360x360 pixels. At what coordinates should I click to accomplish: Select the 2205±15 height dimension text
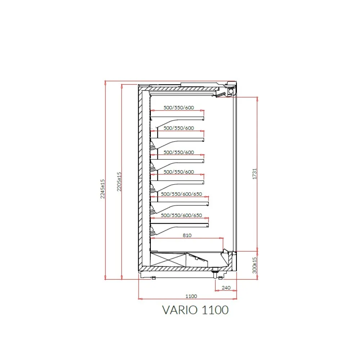click(120, 181)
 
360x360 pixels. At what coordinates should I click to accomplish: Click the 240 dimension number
click(226, 288)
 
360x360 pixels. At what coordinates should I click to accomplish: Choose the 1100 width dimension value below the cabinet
click(191, 296)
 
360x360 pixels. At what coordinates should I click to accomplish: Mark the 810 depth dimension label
click(187, 235)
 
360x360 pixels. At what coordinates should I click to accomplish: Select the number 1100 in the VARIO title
click(215, 310)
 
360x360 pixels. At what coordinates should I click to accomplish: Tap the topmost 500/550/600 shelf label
click(179, 107)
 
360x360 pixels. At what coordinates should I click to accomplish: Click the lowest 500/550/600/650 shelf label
click(182, 215)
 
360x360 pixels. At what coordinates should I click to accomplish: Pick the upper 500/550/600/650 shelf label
click(182, 194)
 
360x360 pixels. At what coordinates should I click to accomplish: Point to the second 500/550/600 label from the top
click(179, 128)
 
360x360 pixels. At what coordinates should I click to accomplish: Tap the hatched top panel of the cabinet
click(180, 89)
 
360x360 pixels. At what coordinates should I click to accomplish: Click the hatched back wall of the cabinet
click(139, 180)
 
